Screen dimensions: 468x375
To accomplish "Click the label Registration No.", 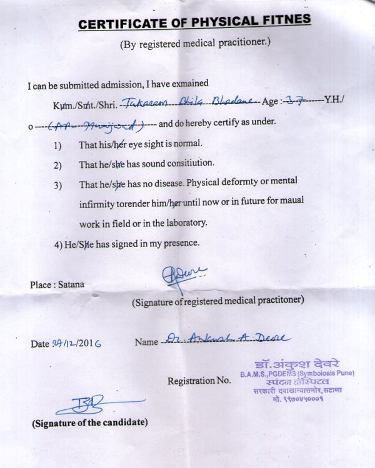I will coord(199,380).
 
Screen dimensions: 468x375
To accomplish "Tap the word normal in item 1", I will coord(188,143).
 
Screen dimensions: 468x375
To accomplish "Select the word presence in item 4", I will coord(181,243).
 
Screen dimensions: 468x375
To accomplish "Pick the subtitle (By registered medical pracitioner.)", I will coord(195,45).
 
